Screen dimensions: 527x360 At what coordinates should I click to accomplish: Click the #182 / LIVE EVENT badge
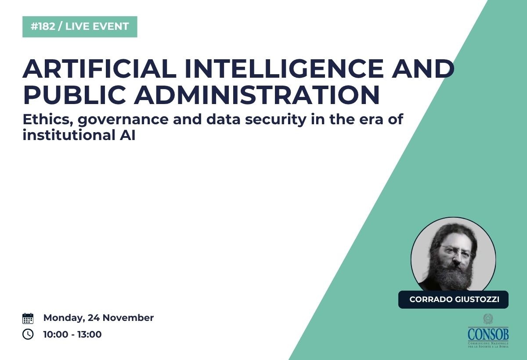coord(80,27)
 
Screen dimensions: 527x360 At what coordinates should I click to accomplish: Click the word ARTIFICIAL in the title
coord(100,68)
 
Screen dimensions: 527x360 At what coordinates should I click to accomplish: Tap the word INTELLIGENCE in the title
coord(284,68)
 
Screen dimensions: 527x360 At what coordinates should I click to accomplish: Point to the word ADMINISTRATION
coord(256,95)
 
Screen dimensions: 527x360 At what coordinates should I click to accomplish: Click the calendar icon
coord(28,318)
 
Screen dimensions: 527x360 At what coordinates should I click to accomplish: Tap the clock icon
coord(28,334)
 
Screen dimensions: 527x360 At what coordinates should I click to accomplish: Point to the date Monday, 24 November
coord(98,318)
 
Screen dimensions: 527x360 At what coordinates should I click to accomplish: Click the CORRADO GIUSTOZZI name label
coord(453,299)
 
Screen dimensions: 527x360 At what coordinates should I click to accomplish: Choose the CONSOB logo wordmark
coord(488,334)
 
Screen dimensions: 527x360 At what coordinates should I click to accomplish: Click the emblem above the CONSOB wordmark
coord(488,319)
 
